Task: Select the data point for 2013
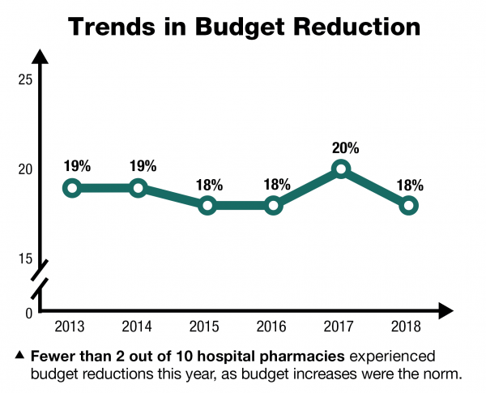click(71, 188)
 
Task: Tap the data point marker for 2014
click(139, 188)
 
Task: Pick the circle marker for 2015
click(207, 205)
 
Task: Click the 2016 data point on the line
click(274, 205)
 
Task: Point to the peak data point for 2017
click(341, 169)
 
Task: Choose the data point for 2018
click(409, 205)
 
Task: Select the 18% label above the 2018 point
click(409, 185)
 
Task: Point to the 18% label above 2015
click(207, 185)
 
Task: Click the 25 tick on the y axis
click(24, 79)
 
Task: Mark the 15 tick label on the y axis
click(24, 258)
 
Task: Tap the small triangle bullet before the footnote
click(19, 356)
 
